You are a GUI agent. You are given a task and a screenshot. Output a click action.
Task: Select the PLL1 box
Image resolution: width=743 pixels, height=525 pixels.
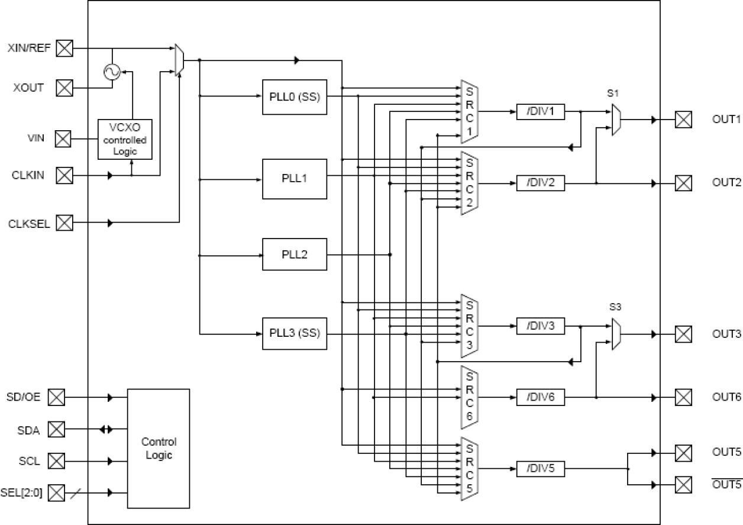[294, 178]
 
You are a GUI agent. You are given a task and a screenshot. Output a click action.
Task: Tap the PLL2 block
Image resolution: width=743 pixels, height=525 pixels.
[294, 255]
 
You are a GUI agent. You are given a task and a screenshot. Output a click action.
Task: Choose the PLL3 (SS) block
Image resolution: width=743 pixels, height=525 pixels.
[294, 333]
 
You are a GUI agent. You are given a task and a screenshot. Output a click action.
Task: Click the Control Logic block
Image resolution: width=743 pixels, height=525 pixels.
[159, 448]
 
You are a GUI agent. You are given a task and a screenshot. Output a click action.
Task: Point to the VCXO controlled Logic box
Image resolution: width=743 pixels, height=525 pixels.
[125, 139]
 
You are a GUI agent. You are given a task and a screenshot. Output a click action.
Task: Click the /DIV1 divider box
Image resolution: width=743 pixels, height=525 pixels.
[540, 111]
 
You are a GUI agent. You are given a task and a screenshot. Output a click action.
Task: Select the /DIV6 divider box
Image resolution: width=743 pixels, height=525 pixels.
[540, 397]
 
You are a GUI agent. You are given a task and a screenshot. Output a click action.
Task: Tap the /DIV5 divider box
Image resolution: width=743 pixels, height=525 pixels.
[540, 469]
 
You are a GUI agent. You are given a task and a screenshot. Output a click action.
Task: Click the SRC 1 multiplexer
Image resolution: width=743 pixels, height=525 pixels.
[469, 112]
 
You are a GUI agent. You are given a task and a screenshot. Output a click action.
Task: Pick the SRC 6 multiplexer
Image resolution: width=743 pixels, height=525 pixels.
[469, 397]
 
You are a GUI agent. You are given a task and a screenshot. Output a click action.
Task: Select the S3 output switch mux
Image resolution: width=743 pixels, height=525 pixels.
[616, 334]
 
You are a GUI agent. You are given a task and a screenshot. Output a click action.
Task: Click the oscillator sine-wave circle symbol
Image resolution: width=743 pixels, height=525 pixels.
[112, 72]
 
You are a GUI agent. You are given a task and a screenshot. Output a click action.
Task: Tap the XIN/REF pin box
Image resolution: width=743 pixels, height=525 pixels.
[64, 48]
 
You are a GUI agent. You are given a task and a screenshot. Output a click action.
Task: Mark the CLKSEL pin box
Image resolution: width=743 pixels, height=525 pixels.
[64, 223]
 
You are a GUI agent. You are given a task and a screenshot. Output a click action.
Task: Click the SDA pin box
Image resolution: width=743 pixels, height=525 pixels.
[56, 429]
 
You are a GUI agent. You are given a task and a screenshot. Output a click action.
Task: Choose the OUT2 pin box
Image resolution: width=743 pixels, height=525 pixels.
[684, 183]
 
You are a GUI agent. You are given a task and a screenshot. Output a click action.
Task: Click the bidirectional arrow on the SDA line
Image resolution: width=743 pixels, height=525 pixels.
[105, 429]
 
